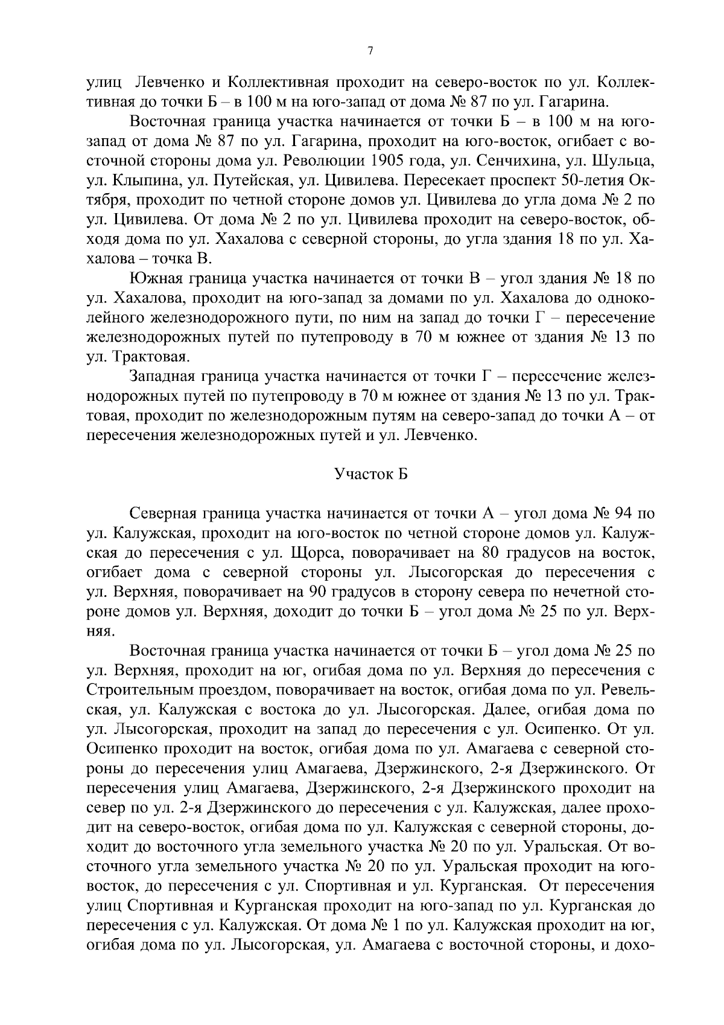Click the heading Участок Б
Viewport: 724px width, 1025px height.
(x=370, y=474)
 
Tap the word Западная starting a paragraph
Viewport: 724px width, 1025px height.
(x=164, y=377)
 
